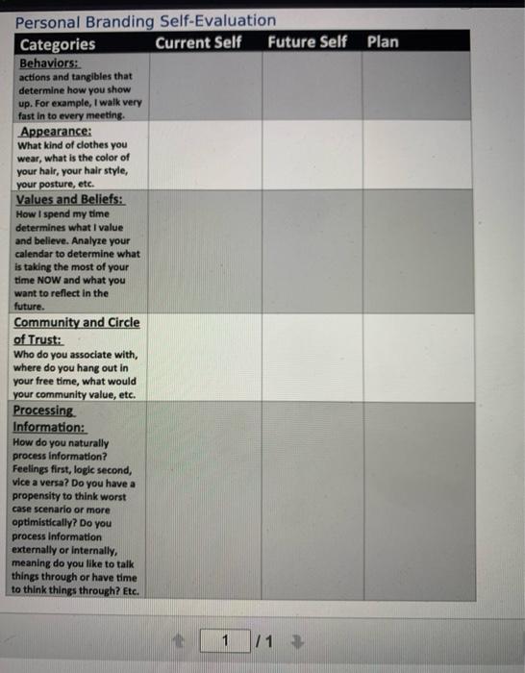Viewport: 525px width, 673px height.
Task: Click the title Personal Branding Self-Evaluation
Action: (x=145, y=20)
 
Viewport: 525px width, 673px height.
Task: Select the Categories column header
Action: (x=58, y=43)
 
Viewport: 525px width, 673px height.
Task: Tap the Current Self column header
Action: (x=198, y=42)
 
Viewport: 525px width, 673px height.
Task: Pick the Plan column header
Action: (x=383, y=42)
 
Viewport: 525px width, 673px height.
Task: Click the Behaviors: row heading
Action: (x=47, y=62)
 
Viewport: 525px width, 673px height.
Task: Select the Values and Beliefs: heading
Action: (x=71, y=200)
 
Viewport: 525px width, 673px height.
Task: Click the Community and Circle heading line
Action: (x=77, y=323)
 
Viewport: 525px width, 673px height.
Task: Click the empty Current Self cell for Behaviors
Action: (x=204, y=87)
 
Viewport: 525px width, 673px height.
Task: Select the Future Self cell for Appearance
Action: (x=312, y=156)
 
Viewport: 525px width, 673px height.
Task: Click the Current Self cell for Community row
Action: (x=204, y=357)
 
